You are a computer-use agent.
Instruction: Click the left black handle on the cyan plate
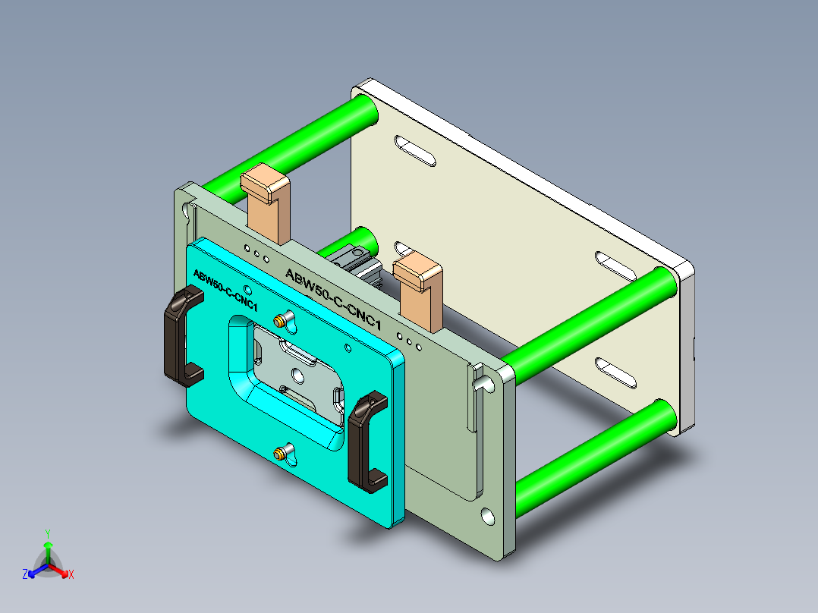[180, 338]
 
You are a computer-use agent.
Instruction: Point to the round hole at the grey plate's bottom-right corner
[486, 517]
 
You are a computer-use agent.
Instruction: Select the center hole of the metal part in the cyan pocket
[297, 374]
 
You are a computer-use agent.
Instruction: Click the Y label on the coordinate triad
[48, 533]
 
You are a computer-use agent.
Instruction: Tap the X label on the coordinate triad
[71, 575]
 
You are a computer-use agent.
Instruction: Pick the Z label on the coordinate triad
[25, 575]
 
